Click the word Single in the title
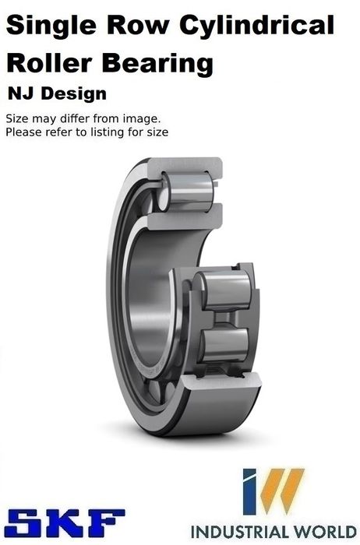[51, 26]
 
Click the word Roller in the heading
[49, 63]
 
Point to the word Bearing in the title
[157, 65]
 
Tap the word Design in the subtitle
[74, 94]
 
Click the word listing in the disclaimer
[107, 132]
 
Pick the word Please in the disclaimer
[23, 132]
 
